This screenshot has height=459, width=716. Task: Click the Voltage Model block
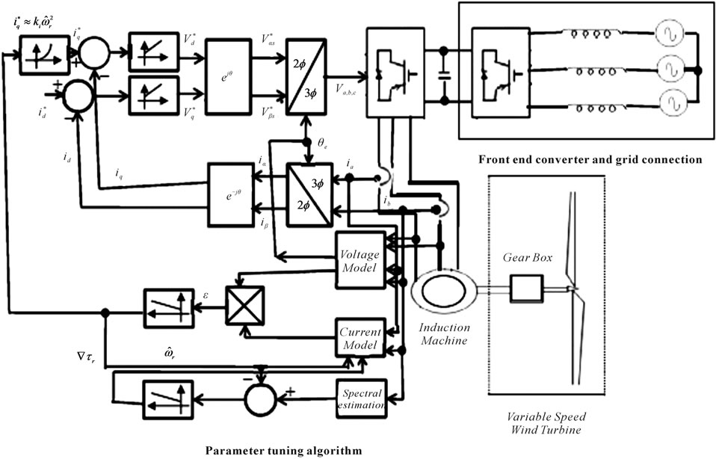(359, 259)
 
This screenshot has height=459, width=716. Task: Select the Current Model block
(359, 337)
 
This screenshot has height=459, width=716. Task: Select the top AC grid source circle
(667, 35)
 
